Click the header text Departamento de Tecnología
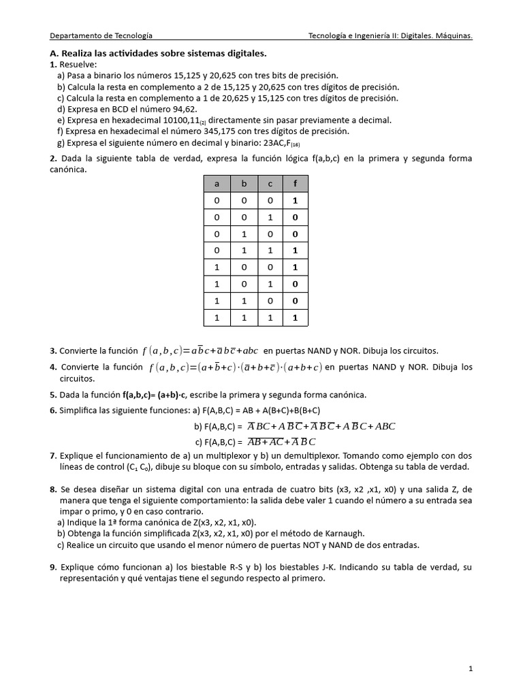[x=101, y=35]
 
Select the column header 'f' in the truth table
[x=295, y=184]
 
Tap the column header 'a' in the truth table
[x=217, y=184]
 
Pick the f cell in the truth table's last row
[x=295, y=317]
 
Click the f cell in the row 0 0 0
[x=295, y=201]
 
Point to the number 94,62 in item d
[x=182, y=109]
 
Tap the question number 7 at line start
[x=52, y=455]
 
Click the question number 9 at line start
[x=52, y=567]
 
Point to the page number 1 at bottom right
[x=470, y=669]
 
